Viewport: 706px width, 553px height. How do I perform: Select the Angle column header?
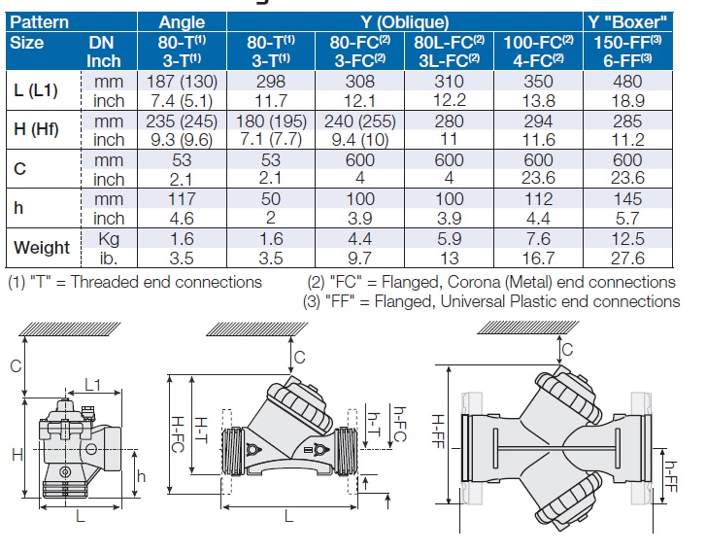click(182, 21)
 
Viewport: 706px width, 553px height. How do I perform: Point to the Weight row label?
click(42, 248)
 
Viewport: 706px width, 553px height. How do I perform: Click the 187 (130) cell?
click(181, 83)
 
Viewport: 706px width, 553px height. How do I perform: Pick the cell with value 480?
click(626, 83)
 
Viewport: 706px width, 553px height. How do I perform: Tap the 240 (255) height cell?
click(358, 121)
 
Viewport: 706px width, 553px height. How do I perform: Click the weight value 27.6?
click(626, 258)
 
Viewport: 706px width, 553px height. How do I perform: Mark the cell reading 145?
click(626, 199)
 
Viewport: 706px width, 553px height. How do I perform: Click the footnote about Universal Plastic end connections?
click(492, 301)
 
